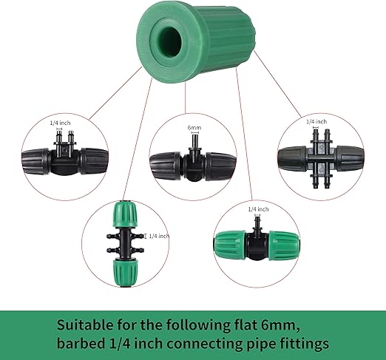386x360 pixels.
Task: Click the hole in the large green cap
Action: [170, 40]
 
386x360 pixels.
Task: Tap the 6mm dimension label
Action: [194, 128]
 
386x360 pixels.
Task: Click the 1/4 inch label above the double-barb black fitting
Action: [60, 123]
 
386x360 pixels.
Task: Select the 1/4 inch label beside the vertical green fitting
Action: [160, 236]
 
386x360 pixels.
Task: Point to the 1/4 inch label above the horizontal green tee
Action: [258, 209]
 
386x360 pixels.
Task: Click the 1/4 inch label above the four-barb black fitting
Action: [316, 121]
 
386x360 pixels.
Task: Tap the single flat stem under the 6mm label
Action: [194, 141]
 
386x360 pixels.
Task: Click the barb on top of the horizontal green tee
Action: [257, 222]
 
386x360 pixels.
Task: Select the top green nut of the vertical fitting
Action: [123, 214]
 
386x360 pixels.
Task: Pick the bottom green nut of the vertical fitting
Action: [124, 272]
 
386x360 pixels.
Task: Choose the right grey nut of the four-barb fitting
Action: [349, 157]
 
